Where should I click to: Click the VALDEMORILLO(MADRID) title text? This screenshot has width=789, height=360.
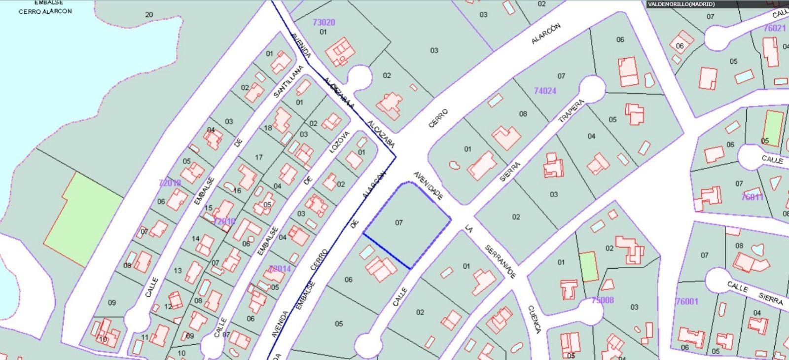[681, 4]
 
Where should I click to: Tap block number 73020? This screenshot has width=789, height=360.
[324, 22]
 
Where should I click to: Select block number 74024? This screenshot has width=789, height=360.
[545, 91]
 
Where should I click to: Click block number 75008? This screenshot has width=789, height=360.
[602, 300]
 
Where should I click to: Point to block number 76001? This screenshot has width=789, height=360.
[687, 301]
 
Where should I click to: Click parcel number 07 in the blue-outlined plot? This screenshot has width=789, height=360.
[399, 223]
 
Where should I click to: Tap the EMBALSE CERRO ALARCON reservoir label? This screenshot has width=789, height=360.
[45, 7]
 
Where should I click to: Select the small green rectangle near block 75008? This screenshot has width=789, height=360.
[588, 266]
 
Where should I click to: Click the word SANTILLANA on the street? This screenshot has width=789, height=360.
[287, 81]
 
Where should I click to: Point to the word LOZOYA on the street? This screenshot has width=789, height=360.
[339, 142]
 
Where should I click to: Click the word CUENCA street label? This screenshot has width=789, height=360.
[535, 319]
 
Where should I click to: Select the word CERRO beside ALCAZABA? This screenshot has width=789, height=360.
[438, 118]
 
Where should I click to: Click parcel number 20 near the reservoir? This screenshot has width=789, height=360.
[149, 15]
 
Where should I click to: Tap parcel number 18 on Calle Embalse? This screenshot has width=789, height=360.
[268, 128]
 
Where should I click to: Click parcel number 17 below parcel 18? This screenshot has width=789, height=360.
[258, 158]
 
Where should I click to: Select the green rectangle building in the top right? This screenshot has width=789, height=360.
[773, 129]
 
